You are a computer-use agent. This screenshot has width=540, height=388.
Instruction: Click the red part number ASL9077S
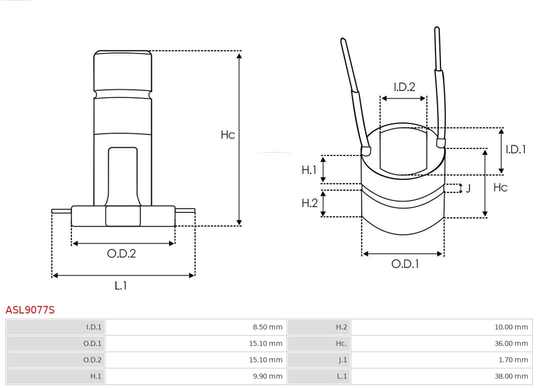[30, 310]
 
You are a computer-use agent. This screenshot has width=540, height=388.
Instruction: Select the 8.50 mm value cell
[268, 327]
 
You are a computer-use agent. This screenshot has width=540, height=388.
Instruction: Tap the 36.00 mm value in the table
[511, 343]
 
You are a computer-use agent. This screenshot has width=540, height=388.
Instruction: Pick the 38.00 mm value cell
[511, 376]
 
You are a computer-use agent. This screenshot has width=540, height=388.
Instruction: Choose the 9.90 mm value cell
[268, 376]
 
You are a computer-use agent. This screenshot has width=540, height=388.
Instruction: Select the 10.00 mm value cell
[511, 327]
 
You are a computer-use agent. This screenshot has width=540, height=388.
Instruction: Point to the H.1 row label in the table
[95, 376]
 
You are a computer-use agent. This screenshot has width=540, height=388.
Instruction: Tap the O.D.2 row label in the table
[92, 360]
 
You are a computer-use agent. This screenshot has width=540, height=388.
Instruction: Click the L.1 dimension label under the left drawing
[120, 285]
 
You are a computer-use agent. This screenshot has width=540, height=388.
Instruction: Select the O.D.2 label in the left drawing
[121, 253]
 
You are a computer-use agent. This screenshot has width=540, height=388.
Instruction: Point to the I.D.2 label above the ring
[404, 87]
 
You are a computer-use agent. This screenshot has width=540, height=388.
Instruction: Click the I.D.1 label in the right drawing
[515, 149]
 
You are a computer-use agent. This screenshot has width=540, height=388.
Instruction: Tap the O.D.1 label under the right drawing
[404, 264]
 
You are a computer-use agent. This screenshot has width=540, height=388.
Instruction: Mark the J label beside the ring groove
[468, 188]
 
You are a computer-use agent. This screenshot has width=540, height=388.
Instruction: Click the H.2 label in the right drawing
[309, 203]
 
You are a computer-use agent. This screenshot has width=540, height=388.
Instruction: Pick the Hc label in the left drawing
[228, 134]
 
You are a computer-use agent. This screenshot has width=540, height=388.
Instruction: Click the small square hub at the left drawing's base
[123, 216]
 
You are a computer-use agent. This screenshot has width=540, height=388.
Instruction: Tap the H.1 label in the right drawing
[309, 170]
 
